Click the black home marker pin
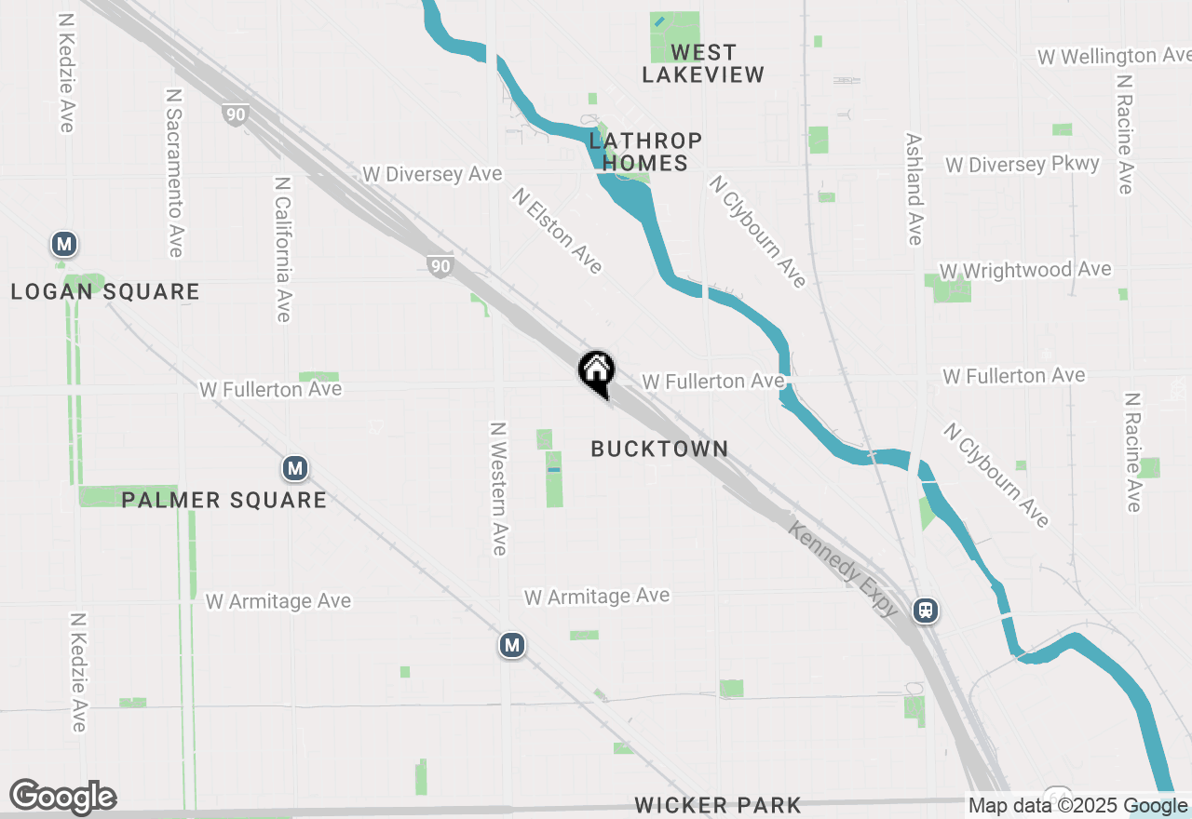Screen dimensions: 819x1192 (596, 373)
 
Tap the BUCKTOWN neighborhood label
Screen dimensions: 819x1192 (659, 449)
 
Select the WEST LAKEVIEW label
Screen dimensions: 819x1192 (703, 63)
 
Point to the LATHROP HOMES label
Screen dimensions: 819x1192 (645, 152)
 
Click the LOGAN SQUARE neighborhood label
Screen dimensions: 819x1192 (105, 292)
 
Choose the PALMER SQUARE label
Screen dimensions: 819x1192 (223, 501)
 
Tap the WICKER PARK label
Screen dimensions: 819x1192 (717, 805)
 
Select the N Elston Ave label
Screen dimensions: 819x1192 (557, 231)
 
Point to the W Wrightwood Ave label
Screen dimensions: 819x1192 (1025, 271)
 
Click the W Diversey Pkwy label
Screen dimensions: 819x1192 (1023, 165)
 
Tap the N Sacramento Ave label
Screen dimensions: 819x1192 (174, 172)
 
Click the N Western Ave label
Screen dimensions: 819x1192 (499, 489)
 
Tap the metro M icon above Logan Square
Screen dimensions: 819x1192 (63, 245)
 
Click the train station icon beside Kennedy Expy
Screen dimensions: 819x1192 (926, 611)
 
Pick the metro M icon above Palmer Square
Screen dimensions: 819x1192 (295, 468)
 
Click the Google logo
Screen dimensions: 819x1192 (62, 798)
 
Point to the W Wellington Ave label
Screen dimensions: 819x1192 (1114, 57)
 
